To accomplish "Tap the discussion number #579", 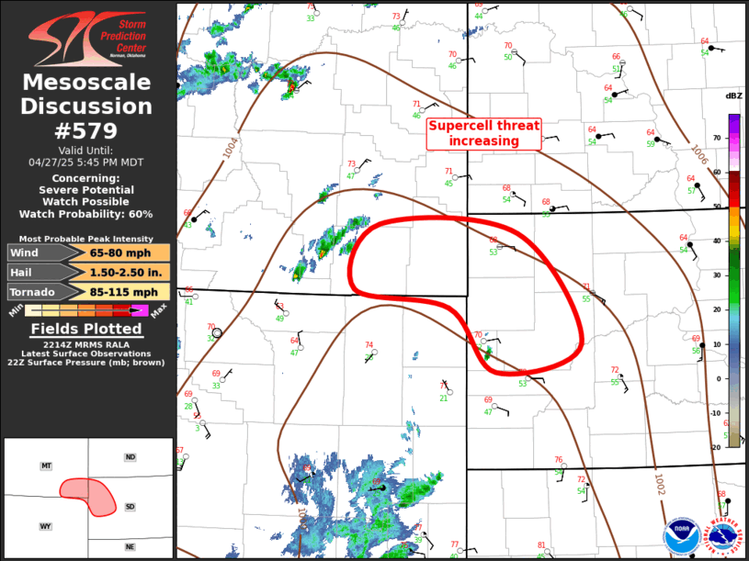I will click(x=87, y=129).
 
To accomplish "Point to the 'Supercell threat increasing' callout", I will click(x=484, y=134).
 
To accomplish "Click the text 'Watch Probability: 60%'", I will click(x=87, y=214).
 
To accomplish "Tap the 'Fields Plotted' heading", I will click(x=87, y=329).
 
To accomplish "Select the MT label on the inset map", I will click(x=46, y=466).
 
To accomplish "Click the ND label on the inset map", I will click(x=130, y=457).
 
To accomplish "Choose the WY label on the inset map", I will click(x=45, y=526).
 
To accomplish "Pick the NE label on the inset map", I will click(x=130, y=547).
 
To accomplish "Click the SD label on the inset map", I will click(x=130, y=507).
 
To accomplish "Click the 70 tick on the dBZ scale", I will click(x=718, y=139).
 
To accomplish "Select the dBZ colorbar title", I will click(x=733, y=96).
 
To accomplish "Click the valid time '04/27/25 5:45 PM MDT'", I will click(x=87, y=162).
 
